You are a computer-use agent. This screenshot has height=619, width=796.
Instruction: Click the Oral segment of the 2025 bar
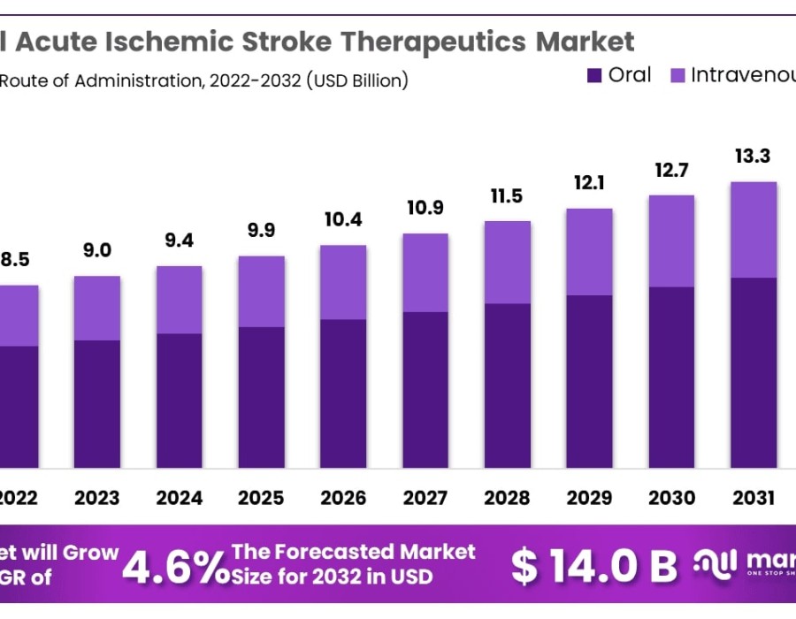coord(261,397)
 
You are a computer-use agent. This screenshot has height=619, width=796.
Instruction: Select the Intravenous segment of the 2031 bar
coord(754,230)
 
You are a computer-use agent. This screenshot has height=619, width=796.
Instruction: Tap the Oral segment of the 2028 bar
coord(508,386)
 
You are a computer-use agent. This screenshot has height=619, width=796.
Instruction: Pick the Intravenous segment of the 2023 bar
coord(97,308)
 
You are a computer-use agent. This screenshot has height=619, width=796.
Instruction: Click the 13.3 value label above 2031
coord(753,157)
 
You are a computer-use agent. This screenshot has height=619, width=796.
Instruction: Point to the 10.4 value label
coord(343,219)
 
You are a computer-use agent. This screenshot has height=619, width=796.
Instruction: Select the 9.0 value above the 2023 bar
coord(97,250)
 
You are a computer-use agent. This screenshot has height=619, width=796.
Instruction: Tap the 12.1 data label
coord(589,183)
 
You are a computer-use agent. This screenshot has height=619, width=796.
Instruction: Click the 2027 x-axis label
coord(425,498)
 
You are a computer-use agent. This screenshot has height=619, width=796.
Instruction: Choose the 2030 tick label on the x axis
coord(671,498)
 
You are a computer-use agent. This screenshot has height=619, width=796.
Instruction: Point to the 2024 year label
coord(179,498)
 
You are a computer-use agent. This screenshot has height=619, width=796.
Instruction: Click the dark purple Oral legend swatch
coord(594,76)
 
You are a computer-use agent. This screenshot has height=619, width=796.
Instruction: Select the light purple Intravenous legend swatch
coord(677,76)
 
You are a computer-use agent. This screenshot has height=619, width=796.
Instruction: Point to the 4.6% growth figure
coord(174,565)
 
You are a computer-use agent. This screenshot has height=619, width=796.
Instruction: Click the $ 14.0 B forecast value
coord(594,566)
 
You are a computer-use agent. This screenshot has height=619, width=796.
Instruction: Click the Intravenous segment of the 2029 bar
coord(589,252)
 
